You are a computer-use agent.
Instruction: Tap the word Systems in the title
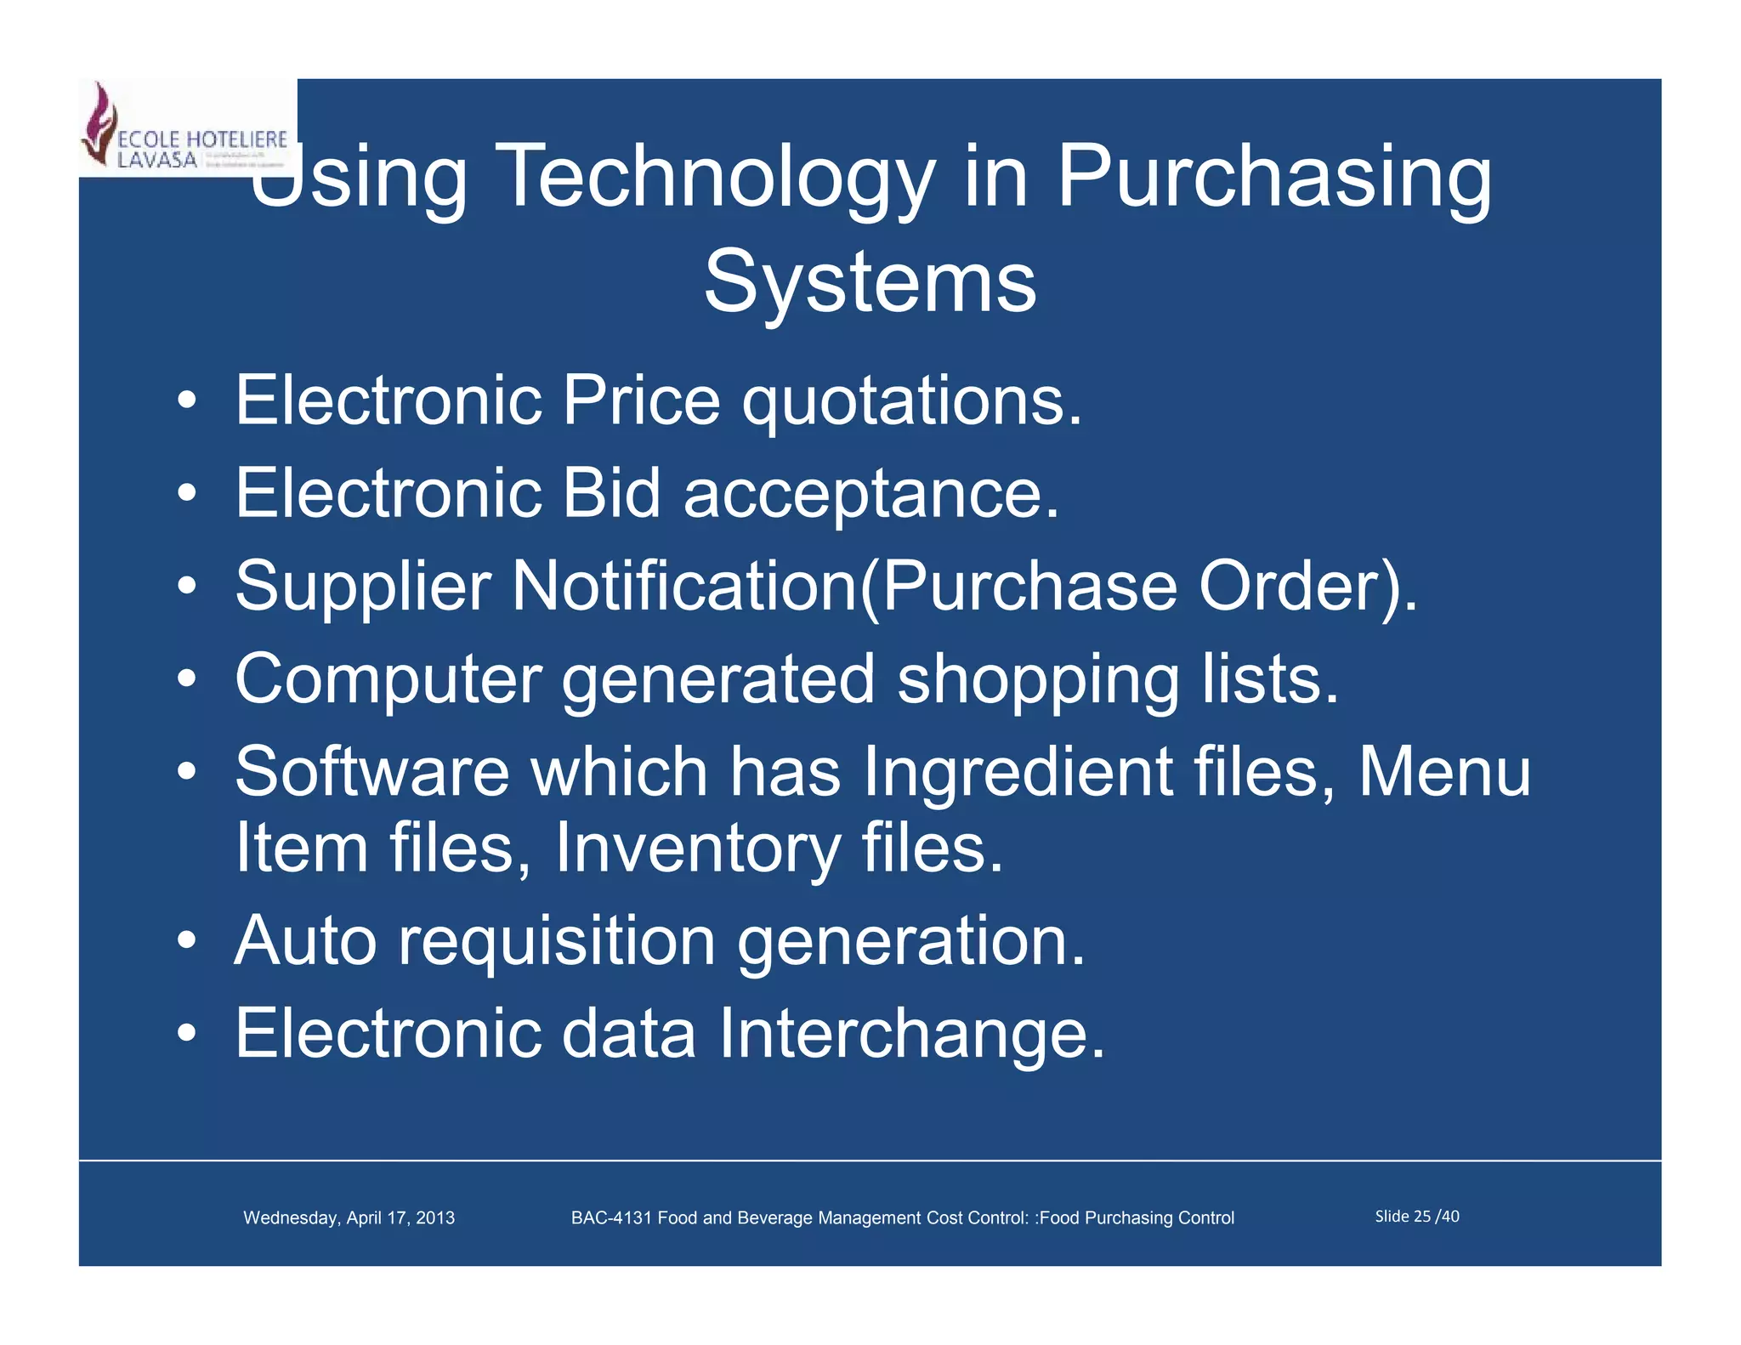pyautogui.click(x=870, y=282)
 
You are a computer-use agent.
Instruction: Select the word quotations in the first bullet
pyautogui.click(x=911, y=401)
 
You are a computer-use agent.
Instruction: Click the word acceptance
pyautogui.click(x=870, y=494)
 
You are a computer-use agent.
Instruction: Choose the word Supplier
pyautogui.click(x=363, y=587)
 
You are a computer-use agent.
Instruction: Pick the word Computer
pyautogui.click(x=388, y=679)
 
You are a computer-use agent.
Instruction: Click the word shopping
pyautogui.click(x=1038, y=681)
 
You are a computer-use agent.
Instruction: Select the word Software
pyautogui.click(x=372, y=771)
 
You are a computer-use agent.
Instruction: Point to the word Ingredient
pyautogui.click(x=1018, y=773)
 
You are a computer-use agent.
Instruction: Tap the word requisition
pyautogui.click(x=557, y=941)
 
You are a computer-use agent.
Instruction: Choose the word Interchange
pyautogui.click(x=911, y=1033)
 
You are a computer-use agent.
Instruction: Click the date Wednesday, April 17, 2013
pyautogui.click(x=349, y=1217)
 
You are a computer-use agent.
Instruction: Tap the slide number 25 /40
pyautogui.click(x=1417, y=1217)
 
